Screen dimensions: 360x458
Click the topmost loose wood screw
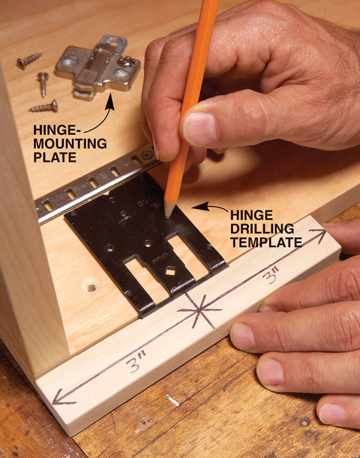pos(29,60)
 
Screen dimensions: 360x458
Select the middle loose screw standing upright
pos(43,84)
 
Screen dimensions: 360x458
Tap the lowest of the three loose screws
pos(44,106)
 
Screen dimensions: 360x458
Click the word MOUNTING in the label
pos(70,143)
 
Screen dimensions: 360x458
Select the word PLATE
pos(55,157)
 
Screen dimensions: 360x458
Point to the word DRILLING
pos(262,229)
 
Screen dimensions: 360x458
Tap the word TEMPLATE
pos(266,242)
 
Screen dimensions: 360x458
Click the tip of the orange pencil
pos(168,217)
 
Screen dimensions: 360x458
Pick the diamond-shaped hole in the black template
pos(169,272)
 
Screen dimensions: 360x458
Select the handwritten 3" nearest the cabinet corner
pos(135,362)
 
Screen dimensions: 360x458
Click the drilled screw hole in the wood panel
pos(92,288)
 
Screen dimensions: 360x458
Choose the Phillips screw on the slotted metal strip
pos(147,154)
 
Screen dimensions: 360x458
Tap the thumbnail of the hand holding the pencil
pos(200,129)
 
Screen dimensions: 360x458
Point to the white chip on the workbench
pos(173,400)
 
